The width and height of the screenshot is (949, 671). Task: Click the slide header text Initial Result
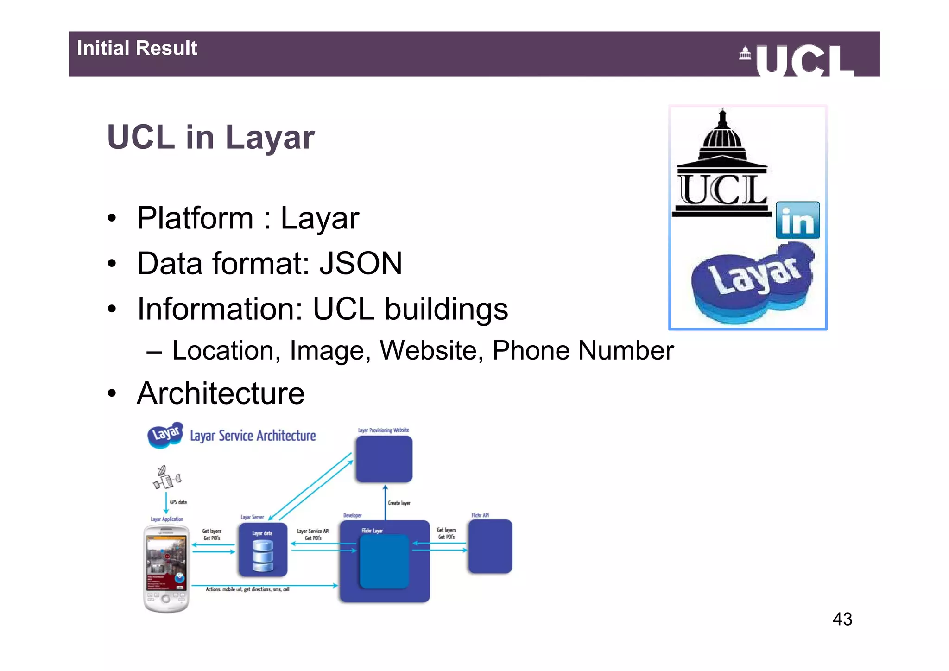(137, 48)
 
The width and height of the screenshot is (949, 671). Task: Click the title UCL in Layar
(211, 137)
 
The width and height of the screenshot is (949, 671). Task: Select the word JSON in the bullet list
(361, 263)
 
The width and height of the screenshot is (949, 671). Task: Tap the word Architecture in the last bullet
(221, 393)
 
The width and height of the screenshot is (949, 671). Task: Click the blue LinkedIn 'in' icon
(797, 220)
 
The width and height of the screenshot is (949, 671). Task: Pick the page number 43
(842, 619)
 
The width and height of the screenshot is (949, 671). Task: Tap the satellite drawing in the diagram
(166, 477)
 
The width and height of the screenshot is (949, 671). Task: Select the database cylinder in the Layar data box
(263, 556)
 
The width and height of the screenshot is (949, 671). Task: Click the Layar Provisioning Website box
(384, 459)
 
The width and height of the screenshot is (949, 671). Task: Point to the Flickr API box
(490, 546)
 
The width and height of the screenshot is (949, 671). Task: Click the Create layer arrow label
(399, 503)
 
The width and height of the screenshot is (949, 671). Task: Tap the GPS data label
(178, 502)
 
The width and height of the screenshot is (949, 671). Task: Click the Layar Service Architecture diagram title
(253, 436)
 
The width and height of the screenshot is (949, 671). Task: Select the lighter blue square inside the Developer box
(384, 561)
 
